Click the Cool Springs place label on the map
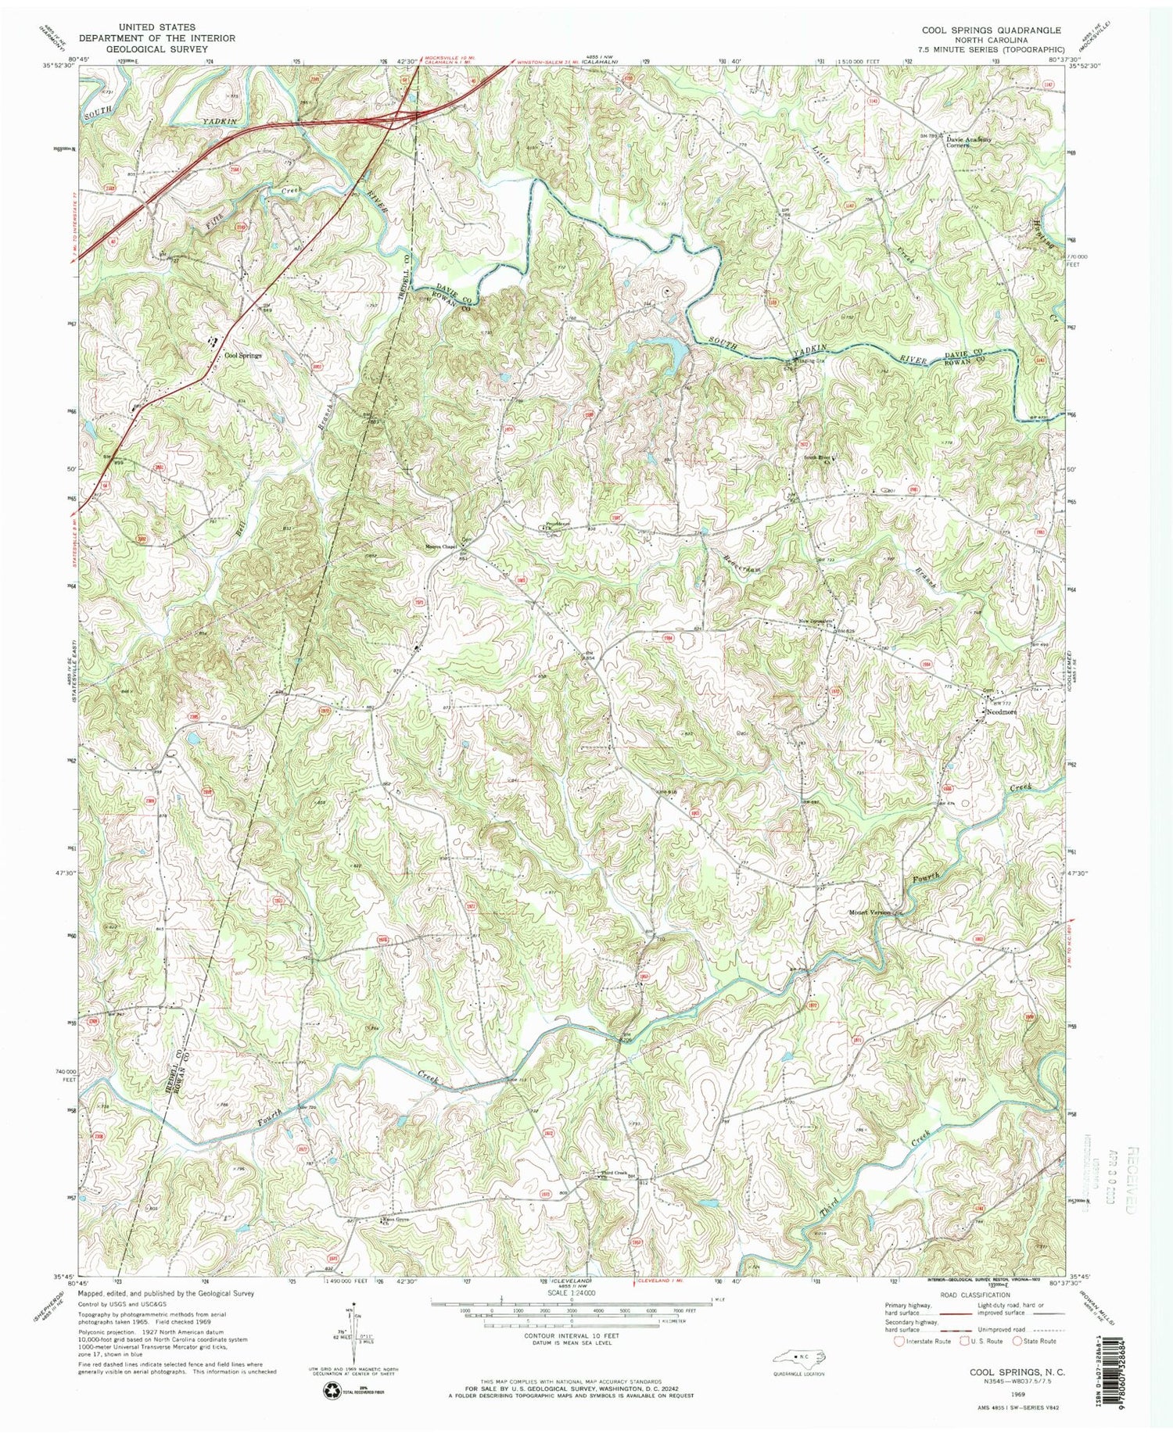[x=242, y=355]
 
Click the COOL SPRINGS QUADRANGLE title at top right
[x=991, y=30]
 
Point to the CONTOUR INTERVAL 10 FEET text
[x=572, y=1335]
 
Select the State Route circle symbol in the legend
[x=1017, y=1341]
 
